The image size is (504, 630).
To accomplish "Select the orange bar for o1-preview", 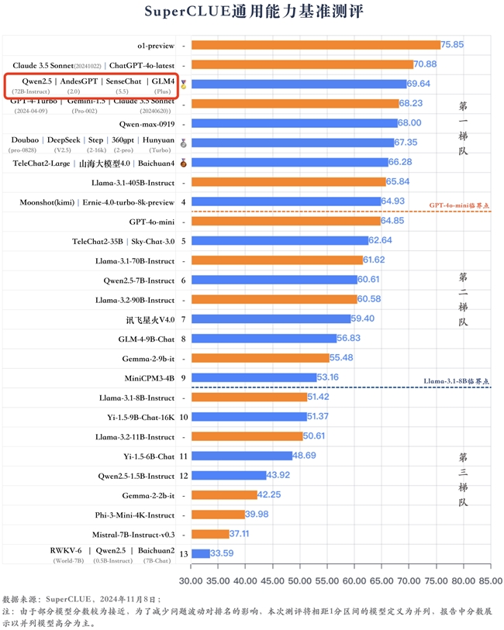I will [315, 45].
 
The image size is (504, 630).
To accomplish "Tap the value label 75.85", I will [453, 45].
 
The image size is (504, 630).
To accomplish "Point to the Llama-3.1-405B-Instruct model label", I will [125, 182].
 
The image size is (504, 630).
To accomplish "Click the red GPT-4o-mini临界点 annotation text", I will [460, 206].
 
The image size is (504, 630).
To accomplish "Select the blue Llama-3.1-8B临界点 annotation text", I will [457, 382].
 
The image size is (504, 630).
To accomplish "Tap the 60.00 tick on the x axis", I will [354, 580].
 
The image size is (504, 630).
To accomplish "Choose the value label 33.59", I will [223, 553].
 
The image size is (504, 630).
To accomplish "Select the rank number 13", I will [183, 553].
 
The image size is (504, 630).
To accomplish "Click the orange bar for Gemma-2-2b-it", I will [223, 495].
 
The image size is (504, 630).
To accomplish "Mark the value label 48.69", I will [305, 456].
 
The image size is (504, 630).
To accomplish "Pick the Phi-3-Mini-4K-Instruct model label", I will [130, 515].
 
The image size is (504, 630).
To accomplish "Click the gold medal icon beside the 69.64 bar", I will [184, 84].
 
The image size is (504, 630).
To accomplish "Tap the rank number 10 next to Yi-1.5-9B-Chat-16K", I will [183, 417].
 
